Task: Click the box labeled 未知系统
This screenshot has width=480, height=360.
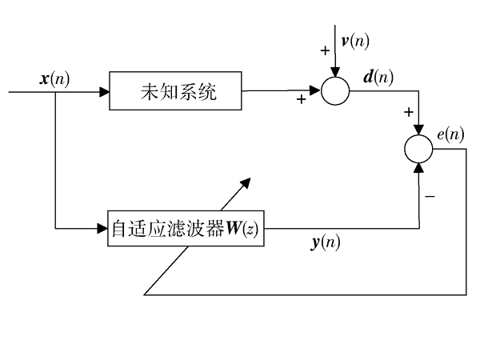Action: click(174, 94)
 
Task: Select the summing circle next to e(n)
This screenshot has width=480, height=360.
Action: click(418, 149)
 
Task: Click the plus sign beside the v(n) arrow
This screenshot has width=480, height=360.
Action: click(325, 50)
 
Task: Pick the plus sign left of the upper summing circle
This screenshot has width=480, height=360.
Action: click(301, 101)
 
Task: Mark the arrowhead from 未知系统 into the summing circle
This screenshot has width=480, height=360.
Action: click(317, 94)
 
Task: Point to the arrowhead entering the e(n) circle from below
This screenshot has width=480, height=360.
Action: click(418, 166)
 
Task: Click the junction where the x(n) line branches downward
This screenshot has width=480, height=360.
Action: click(55, 94)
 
